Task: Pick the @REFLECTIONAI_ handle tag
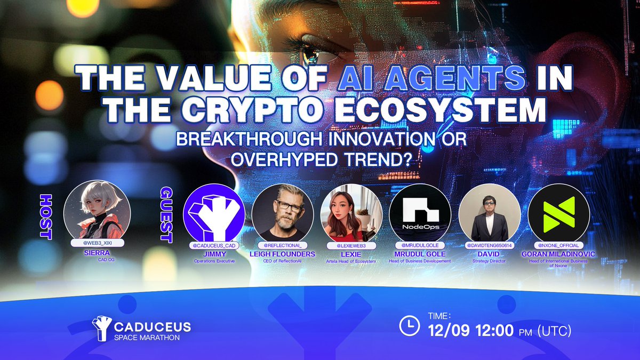tap(283, 245)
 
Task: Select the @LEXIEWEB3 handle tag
tap(351, 245)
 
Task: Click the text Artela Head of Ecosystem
tap(351, 261)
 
